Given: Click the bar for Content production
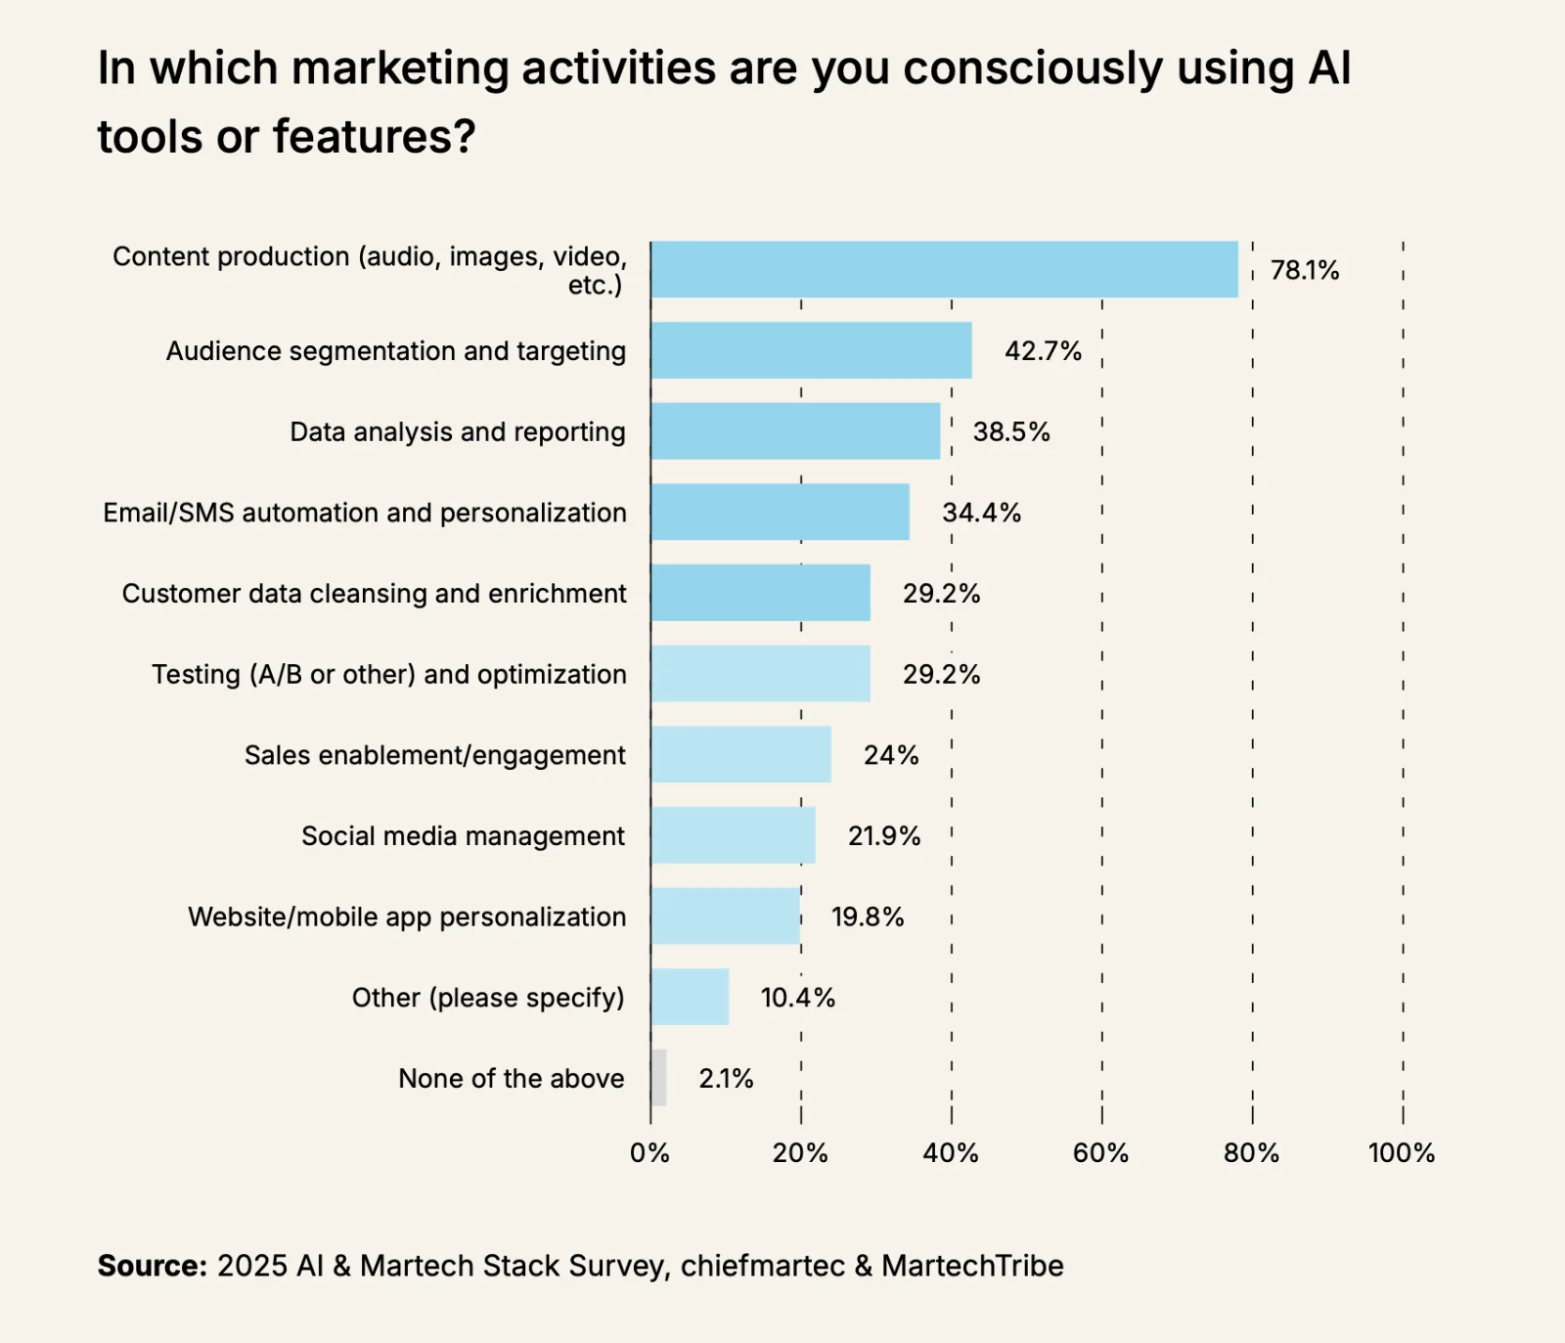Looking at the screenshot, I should click(944, 270).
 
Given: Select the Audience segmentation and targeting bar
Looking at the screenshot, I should click(811, 350).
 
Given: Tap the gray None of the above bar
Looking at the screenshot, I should click(658, 1078).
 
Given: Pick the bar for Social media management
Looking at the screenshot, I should click(733, 835).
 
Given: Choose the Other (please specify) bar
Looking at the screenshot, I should click(690, 997).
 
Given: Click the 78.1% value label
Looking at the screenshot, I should click(1305, 270).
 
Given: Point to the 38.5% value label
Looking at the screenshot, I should click(1011, 431).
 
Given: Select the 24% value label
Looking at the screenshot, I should click(891, 755).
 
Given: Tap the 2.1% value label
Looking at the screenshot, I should click(726, 1078).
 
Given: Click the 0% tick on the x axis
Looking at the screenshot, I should click(649, 1152).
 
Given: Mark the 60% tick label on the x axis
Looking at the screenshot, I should click(1100, 1152).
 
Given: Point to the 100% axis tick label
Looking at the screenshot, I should click(1401, 1152).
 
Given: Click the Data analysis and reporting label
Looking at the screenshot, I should click(458, 431).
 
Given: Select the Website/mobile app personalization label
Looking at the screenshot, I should click(407, 917).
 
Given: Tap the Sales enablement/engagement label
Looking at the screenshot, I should click(434, 755).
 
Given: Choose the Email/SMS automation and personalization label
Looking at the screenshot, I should click(365, 513).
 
